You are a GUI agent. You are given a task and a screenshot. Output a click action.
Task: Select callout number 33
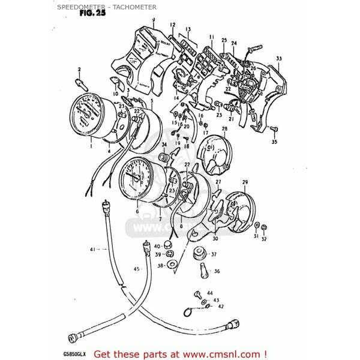tap(278, 58)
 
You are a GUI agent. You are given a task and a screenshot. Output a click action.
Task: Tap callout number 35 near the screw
tap(274, 142)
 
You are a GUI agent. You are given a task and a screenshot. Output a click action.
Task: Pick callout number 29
tap(245, 182)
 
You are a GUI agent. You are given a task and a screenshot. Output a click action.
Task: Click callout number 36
tap(217, 271)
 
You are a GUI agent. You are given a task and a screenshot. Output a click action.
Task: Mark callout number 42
tap(220, 306)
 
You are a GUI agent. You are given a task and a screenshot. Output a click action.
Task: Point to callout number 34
tap(164, 145)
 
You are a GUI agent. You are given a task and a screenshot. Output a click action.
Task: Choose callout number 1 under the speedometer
tap(91, 145)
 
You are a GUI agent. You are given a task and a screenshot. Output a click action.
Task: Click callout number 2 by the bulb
tap(79, 70)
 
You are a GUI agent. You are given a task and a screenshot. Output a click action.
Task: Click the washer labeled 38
tap(171, 265)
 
